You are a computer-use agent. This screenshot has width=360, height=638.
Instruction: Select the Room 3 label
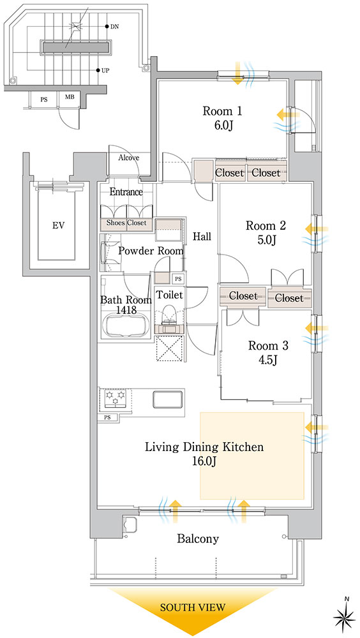[x=268, y=346]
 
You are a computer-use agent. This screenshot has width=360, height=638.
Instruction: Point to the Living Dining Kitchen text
[x=204, y=447]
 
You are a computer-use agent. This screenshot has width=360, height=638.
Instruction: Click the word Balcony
[x=198, y=539]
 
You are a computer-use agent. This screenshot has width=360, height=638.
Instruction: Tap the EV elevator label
[x=59, y=225]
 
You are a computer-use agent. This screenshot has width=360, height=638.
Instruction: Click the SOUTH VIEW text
[x=193, y=608]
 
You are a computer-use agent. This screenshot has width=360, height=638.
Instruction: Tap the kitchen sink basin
[x=168, y=399]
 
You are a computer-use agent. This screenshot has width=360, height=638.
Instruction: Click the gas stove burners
[x=116, y=397]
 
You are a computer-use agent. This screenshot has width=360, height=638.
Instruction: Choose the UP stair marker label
[x=105, y=70]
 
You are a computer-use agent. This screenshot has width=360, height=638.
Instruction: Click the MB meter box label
[x=70, y=99]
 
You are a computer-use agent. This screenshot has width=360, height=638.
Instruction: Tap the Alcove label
[x=129, y=158]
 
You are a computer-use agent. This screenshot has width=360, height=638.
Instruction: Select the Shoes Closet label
[x=126, y=223]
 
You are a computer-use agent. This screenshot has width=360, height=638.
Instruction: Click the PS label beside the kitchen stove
[x=107, y=417]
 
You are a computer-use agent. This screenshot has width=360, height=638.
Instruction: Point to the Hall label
[x=202, y=237]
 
